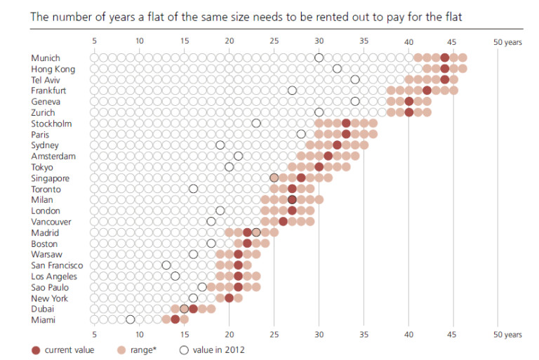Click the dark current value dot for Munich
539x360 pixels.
(444, 58)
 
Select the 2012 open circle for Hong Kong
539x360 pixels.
(337, 69)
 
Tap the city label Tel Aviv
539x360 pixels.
(46, 79)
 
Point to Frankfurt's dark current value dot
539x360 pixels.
(427, 91)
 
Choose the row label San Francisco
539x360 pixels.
(57, 265)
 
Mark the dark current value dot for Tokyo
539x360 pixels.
(319, 167)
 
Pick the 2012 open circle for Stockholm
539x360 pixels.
(256, 124)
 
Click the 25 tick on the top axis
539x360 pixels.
(274, 41)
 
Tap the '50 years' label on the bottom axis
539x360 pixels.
(507, 335)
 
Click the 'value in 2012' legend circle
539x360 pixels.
(184, 349)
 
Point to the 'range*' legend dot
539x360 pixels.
(121, 349)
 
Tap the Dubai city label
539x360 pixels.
(43, 309)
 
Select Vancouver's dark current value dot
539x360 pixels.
(283, 222)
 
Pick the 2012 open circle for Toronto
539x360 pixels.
(194, 189)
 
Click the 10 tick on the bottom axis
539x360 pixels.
(140, 335)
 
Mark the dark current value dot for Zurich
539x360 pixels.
(408, 112)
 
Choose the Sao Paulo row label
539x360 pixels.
(49, 287)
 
